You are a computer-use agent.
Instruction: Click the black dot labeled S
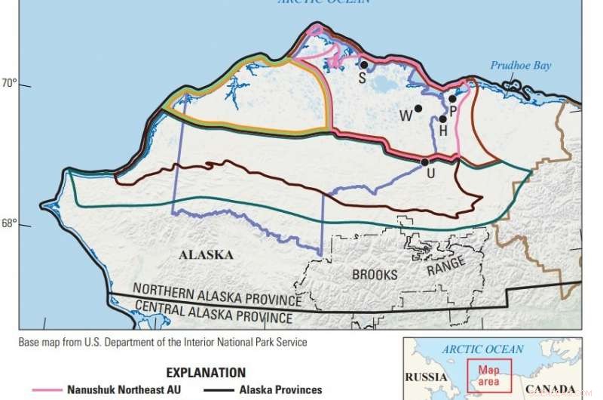pyautogui.click(x=363, y=65)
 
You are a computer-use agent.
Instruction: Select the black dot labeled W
pyautogui.click(x=418, y=108)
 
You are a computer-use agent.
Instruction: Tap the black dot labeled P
pyautogui.click(x=452, y=98)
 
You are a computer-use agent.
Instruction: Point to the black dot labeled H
pyautogui.click(x=443, y=118)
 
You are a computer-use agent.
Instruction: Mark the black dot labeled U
pyautogui.click(x=424, y=162)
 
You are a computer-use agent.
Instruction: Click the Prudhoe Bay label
pyautogui.click(x=521, y=66)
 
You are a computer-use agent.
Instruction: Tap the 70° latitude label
pyautogui.click(x=9, y=82)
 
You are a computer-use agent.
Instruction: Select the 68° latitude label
pyautogui.click(x=9, y=223)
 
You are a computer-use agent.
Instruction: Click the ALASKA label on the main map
pyautogui.click(x=206, y=255)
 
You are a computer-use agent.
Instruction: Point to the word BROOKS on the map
pyautogui.click(x=375, y=275)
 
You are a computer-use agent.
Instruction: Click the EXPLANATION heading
pyautogui.click(x=206, y=373)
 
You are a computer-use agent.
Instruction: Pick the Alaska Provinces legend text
pyautogui.click(x=280, y=390)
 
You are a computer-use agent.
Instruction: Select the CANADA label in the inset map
pyautogui.click(x=550, y=390)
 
